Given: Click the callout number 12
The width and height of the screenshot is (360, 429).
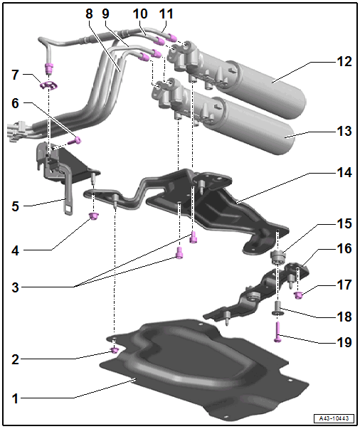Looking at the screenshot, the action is click(344, 62).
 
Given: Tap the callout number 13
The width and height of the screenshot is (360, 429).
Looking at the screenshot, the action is click(344, 131).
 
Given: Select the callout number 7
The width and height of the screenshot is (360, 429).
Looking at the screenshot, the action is click(16, 75).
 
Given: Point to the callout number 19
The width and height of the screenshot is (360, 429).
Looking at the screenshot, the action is click(344, 342).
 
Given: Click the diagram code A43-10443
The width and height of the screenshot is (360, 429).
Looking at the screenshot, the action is click(334, 418).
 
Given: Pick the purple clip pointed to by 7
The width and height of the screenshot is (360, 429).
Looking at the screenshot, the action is click(48, 85).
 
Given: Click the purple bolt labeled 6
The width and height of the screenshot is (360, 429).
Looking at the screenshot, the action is click(75, 141).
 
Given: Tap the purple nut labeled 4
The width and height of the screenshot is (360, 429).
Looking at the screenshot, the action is click(93, 216).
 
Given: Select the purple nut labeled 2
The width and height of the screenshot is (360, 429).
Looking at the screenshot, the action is click(114, 350).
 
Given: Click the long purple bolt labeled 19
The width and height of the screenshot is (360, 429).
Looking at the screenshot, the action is click(277, 332).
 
